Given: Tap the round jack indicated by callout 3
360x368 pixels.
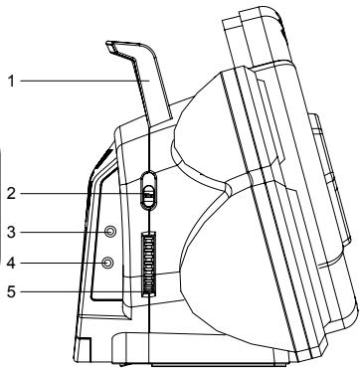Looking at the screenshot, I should pyautogui.click(x=108, y=232).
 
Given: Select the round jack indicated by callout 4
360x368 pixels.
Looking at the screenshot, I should pyautogui.click(x=108, y=264).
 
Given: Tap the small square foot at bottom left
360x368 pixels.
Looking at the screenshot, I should pyautogui.click(x=83, y=349).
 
